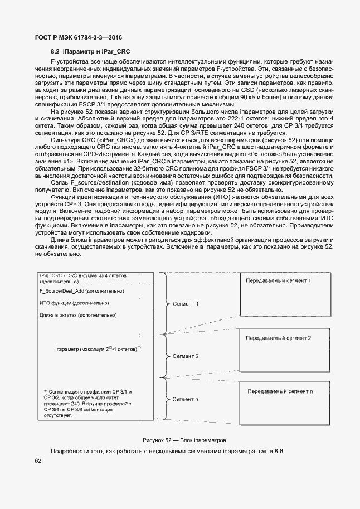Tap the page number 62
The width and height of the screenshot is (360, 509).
(x=38, y=460)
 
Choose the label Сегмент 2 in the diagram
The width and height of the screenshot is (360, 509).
(x=186, y=355)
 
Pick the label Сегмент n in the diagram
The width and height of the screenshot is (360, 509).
(x=186, y=399)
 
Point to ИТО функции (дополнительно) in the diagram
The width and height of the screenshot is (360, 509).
(x=74, y=303)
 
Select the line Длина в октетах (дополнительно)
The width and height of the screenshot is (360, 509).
(x=77, y=315)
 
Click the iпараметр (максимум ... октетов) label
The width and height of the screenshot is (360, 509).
(x=98, y=350)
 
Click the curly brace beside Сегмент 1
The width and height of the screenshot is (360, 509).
(x=164, y=304)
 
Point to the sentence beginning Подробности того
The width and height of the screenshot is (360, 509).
(x=167, y=450)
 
